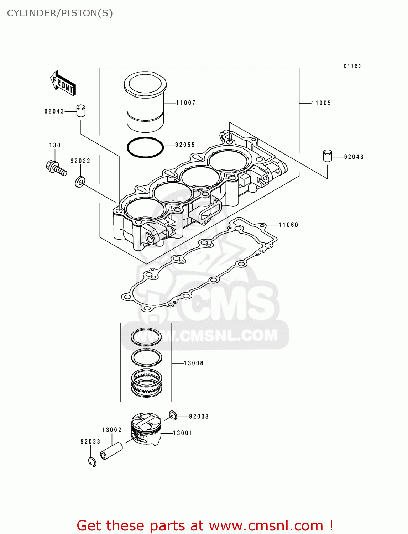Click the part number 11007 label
[186, 103]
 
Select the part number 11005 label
[321, 103]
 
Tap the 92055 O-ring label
[185, 145]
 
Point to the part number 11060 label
[288, 225]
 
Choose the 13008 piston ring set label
[194, 363]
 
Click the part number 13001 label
[183, 433]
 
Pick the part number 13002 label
[112, 430]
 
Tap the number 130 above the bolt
[55, 145]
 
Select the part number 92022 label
[80, 161]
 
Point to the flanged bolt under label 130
[56, 168]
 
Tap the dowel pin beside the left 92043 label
[81, 111]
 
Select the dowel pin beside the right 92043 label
[327, 156]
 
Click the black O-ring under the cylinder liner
[145, 147]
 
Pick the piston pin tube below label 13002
[111, 451]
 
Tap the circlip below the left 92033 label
[92, 462]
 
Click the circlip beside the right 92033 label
[173, 415]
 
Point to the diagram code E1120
[352, 66]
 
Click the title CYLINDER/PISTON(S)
[60, 13]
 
